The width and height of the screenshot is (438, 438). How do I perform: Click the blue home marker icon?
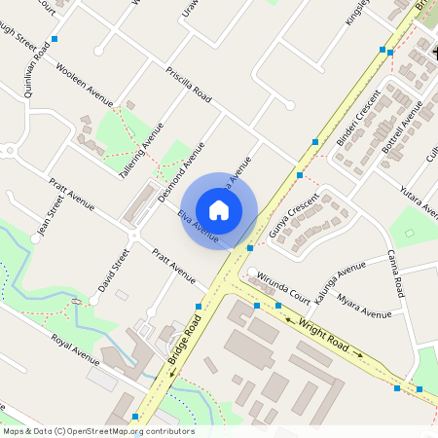tap(219, 209)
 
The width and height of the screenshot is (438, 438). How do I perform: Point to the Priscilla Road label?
tap(189, 85)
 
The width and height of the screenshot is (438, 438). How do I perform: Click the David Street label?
tap(113, 271)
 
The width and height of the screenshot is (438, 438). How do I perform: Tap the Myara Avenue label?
tap(363, 305)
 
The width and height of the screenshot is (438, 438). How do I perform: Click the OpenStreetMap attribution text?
tap(98, 431)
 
